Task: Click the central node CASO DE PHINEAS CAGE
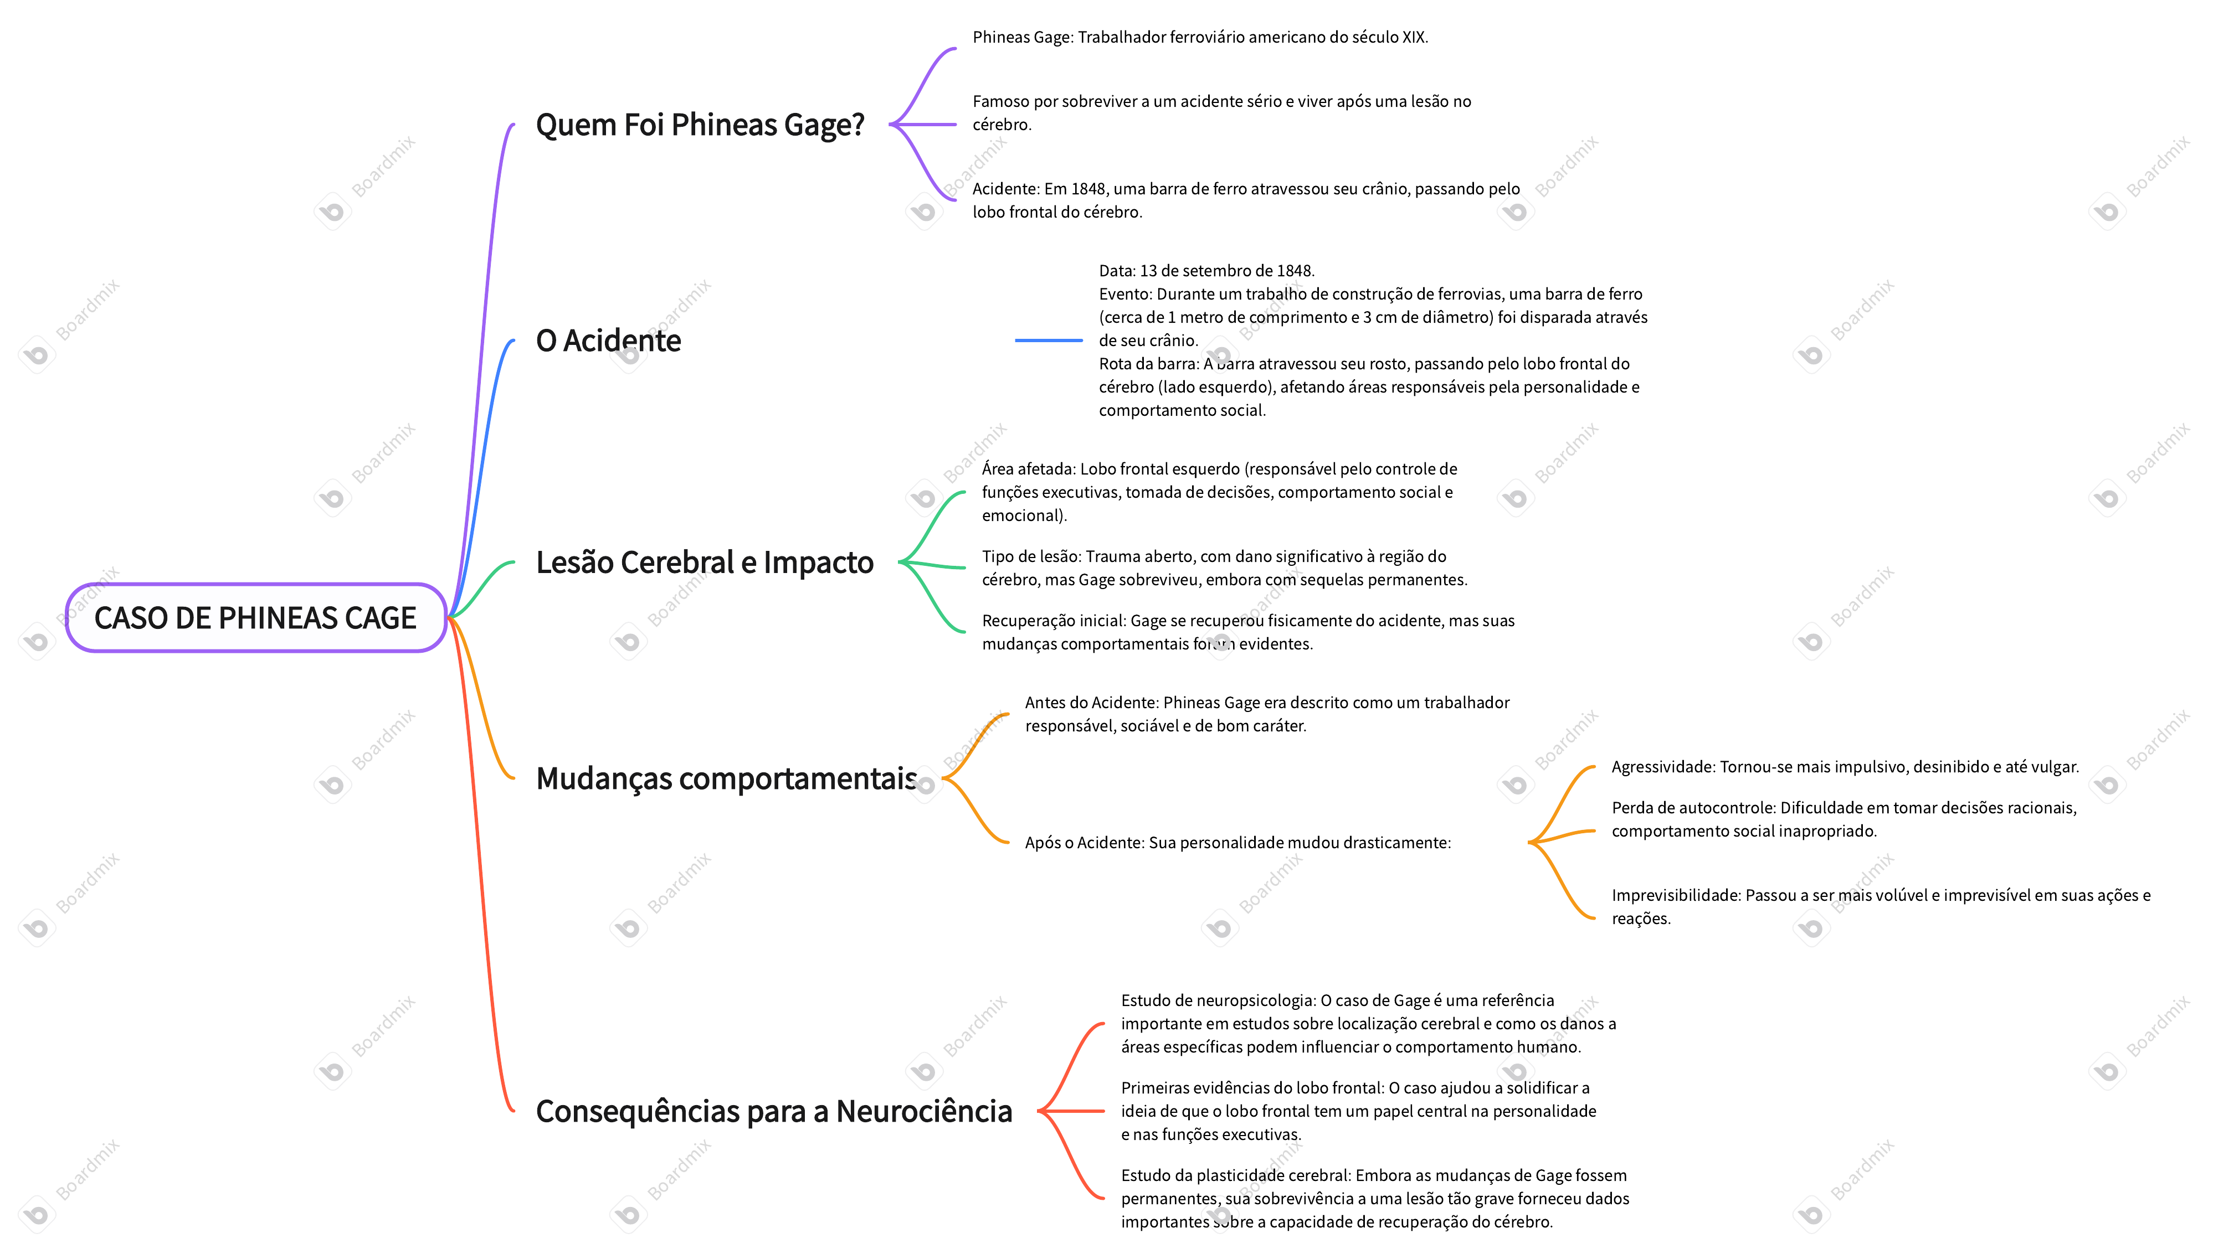coord(255,618)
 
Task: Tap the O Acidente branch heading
coord(608,340)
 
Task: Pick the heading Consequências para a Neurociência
coord(773,1111)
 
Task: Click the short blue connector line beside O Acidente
coord(1048,340)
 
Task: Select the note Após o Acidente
coord(1237,843)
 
